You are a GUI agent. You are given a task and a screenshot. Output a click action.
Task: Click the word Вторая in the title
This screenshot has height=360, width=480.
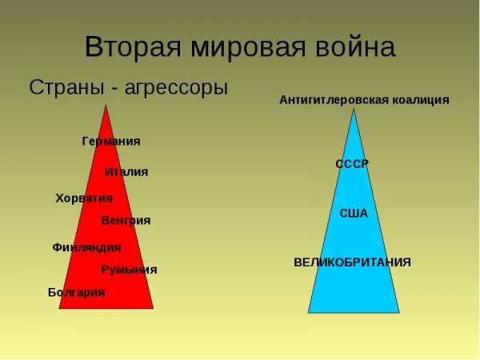133,47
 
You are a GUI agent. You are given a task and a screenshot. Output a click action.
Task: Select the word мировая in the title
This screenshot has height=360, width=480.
248,48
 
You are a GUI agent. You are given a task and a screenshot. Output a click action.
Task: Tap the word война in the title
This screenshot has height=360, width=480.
356,48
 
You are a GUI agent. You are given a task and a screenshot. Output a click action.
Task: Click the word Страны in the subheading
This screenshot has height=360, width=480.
66,87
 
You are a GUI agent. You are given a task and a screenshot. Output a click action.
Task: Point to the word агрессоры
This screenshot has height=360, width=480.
176,89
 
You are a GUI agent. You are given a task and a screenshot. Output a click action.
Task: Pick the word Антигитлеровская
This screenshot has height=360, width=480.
334,100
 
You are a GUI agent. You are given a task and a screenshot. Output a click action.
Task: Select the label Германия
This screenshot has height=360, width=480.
111,142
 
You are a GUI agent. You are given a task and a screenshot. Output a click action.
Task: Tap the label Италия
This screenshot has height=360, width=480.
126,172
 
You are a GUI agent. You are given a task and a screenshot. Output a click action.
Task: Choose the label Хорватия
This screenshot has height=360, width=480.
84,198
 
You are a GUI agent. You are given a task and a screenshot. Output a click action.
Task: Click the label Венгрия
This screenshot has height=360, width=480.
126,221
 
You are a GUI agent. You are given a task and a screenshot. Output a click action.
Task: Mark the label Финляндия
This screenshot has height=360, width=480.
87,247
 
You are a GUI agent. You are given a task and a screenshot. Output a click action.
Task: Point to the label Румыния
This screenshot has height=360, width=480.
129,270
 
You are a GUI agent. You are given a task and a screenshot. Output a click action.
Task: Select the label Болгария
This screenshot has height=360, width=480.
77,293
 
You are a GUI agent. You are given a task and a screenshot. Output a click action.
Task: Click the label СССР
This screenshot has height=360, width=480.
352,164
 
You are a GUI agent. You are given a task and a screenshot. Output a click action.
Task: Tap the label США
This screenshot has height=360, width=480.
354,214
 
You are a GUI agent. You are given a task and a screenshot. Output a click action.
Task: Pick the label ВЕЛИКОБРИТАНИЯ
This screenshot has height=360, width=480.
352,262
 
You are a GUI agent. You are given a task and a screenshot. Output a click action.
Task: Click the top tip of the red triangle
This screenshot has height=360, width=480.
106,105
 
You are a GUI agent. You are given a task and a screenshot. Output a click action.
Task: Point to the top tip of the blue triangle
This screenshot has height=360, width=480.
354,110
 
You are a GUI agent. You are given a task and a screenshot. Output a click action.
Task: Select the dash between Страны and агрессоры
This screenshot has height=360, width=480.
114,90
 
